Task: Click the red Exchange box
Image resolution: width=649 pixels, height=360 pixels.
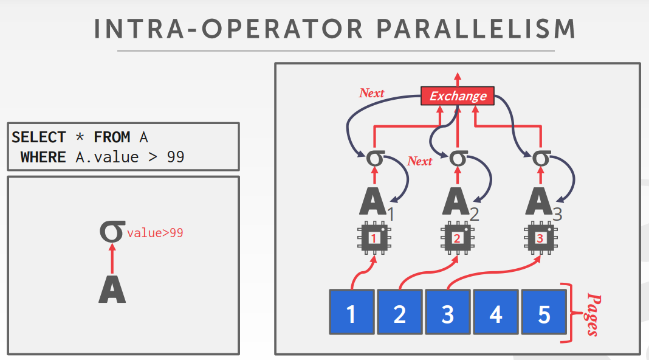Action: coord(458,96)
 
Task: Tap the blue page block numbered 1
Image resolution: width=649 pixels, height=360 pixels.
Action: coord(351,312)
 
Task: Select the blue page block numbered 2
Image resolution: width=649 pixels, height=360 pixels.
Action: coord(399,312)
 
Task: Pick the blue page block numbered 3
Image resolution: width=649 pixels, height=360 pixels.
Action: coord(447,312)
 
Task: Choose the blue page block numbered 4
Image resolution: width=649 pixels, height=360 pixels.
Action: coord(496,312)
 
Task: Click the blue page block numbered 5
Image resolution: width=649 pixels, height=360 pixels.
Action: coord(544,312)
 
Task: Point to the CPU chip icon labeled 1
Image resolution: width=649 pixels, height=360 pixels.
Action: coord(374,238)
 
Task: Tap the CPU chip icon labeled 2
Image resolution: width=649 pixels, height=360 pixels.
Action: coord(457,238)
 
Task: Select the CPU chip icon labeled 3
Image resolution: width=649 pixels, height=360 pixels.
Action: coord(540,238)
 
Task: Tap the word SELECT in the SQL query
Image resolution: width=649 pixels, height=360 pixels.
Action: coord(38,137)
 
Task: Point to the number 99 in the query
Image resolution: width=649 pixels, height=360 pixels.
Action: coord(175,157)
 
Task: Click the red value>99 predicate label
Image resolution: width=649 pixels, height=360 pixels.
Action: coord(155,232)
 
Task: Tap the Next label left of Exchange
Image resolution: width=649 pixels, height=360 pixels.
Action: coord(371,93)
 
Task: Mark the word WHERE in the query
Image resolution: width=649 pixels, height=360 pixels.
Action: coord(43,157)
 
